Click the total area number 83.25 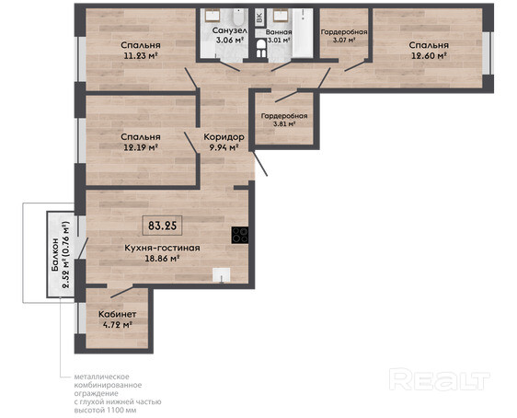pos(162,226)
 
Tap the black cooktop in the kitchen pos(240,235)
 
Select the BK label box pos(259,17)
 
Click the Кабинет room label pos(118,314)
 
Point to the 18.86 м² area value pos(162,259)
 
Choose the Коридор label pos(224,136)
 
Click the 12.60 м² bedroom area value pos(429,55)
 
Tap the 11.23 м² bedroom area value pos(140,55)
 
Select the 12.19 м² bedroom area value pos(140,147)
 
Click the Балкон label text pos(55,255)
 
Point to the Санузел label pos(229,30)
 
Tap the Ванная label pos(279,32)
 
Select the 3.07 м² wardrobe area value pos(344,40)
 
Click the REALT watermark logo pos(439,379)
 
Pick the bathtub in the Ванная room pos(303,33)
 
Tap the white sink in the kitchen pos(221,274)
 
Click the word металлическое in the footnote pos(101,377)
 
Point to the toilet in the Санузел pos(237,17)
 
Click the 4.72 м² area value pos(118,325)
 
